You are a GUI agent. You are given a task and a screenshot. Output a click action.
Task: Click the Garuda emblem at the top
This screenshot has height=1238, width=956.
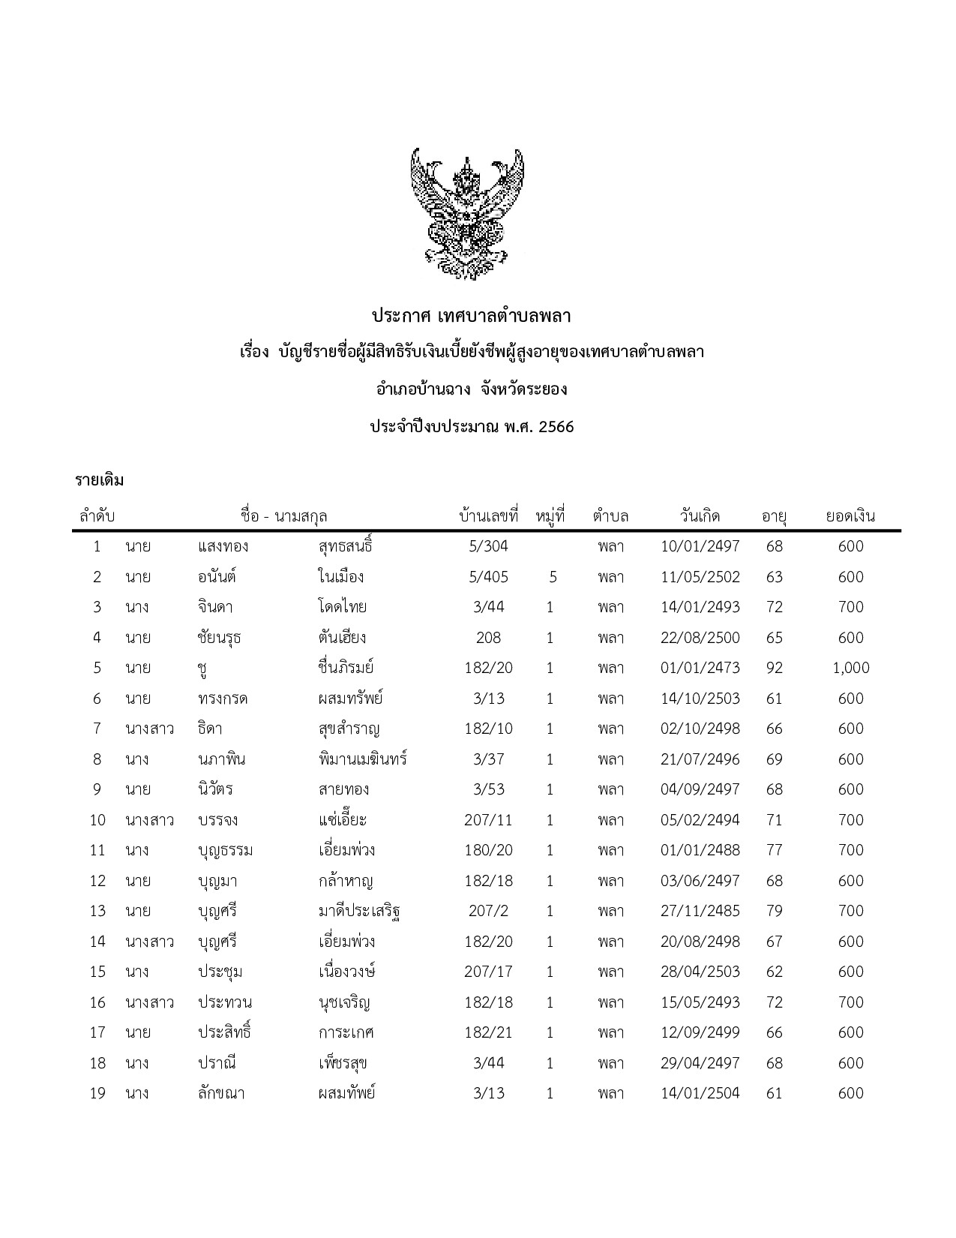coord(466,214)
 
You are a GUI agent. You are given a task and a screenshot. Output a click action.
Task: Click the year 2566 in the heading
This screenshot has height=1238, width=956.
coord(556,427)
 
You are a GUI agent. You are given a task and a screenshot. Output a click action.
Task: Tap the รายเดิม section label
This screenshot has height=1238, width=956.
coord(99,480)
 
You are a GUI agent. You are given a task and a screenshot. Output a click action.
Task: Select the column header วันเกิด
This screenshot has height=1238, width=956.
coord(700,516)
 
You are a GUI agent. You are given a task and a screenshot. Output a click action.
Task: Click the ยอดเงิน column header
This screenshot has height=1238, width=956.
coord(850,516)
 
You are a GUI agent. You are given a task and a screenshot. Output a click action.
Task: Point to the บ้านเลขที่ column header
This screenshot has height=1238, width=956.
coord(489,516)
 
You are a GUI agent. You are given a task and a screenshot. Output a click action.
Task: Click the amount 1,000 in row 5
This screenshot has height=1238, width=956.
coord(850,668)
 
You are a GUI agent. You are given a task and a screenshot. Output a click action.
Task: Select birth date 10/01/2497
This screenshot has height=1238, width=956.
coord(700,546)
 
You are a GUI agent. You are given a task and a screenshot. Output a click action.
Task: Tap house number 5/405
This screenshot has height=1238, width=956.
coord(488,577)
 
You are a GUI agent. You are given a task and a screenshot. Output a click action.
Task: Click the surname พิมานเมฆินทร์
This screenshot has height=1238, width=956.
coord(362,759)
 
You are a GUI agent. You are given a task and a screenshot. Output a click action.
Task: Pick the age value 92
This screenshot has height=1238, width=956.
coord(774,668)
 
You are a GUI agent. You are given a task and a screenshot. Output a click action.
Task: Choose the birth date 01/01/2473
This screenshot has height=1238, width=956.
coord(700,668)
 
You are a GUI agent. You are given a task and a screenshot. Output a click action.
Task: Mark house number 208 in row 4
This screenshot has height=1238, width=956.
coord(488,638)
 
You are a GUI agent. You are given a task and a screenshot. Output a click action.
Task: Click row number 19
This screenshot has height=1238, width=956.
coord(97,1093)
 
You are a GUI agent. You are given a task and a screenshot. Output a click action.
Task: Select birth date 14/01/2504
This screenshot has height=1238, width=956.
coord(700,1093)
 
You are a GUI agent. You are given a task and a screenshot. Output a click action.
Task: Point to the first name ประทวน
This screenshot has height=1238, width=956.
coord(224,1002)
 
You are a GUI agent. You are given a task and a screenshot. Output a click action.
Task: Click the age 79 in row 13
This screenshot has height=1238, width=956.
coord(774,911)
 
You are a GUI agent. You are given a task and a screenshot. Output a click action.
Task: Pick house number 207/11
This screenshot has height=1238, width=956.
coord(488,820)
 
